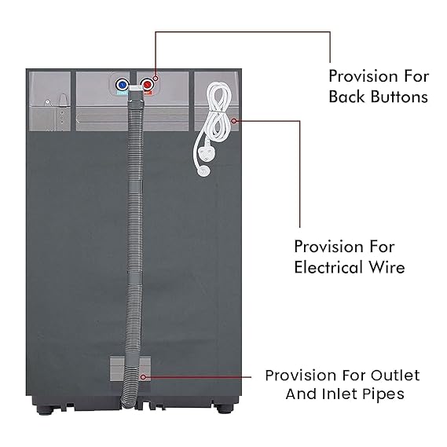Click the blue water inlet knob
coord(123,85)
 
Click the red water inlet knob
coord(148,85)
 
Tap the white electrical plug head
coord(203,169)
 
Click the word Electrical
coord(328,267)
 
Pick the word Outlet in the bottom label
coord(395,376)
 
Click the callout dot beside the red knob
coord(156,78)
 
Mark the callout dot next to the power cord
coord(234,121)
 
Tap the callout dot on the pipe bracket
coord(144,377)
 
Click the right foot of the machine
coord(222,409)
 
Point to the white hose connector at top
coord(135,88)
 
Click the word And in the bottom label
coord(301,394)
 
